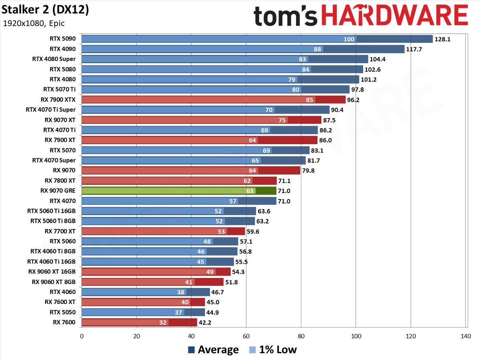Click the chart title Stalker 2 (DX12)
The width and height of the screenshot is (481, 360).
[x=45, y=10]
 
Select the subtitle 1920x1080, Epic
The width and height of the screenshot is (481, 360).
[x=34, y=23]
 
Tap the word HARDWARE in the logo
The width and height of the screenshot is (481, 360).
[x=395, y=16]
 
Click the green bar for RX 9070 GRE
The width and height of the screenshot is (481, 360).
[x=179, y=191]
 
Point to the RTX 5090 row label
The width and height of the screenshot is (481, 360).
[x=63, y=39]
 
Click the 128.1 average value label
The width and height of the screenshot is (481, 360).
[x=443, y=39]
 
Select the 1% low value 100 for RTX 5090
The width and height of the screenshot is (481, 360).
[x=349, y=39]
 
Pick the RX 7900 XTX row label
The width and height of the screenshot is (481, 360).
[x=58, y=100]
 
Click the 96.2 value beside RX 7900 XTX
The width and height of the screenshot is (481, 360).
[x=353, y=100]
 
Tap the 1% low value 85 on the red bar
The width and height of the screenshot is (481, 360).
[x=309, y=100]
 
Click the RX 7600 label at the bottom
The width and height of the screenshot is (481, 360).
[x=64, y=322]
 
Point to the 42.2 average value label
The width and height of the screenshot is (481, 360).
[x=205, y=323]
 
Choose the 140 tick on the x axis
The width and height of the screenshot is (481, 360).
[x=466, y=336]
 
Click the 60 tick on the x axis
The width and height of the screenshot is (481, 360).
[x=246, y=336]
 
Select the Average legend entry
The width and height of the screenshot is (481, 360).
[x=213, y=350]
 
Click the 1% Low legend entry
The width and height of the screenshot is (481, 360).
[x=273, y=350]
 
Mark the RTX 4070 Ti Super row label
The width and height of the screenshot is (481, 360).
[x=51, y=110]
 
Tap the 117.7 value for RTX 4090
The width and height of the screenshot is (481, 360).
[x=414, y=50]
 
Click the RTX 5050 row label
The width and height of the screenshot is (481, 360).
[x=63, y=312]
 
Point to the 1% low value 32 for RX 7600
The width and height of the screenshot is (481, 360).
[x=163, y=323]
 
